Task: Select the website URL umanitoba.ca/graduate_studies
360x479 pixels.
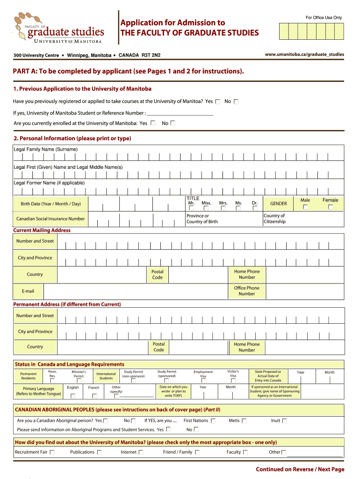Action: click(x=304, y=55)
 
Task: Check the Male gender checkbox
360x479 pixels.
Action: click(x=305, y=207)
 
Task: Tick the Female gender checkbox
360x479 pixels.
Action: click(x=330, y=207)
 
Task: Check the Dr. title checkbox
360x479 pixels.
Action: click(x=255, y=208)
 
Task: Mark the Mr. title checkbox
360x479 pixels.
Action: click(x=191, y=208)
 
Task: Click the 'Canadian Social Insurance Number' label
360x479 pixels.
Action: click(x=50, y=219)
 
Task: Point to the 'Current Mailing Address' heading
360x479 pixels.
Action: click(x=42, y=230)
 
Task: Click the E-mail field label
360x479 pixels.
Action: click(x=28, y=291)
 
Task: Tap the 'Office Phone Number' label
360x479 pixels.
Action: click(x=246, y=291)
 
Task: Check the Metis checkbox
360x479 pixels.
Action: click(x=244, y=421)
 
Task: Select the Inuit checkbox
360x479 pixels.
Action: click(x=285, y=421)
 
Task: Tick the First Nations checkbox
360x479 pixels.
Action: click(x=213, y=421)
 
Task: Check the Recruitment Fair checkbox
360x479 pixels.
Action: click(x=52, y=452)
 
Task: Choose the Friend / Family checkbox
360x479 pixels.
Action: click(x=197, y=452)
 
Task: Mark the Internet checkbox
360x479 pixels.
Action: click(x=141, y=452)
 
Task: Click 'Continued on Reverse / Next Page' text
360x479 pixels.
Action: click(x=300, y=469)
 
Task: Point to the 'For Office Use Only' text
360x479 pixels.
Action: click(x=324, y=18)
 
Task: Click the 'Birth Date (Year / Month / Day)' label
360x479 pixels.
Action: click(x=50, y=204)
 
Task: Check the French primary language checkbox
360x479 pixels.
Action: click(x=94, y=396)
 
